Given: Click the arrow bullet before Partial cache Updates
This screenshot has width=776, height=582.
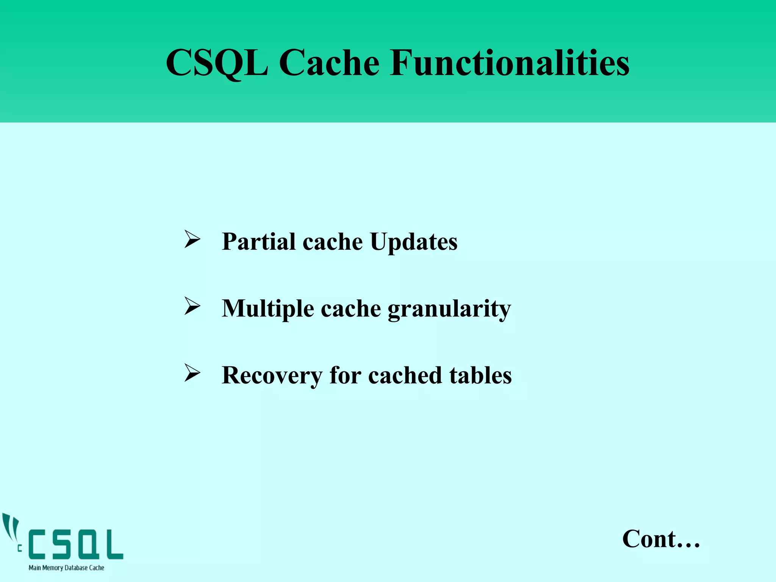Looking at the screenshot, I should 192,239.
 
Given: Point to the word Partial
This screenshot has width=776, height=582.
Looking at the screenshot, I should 258,241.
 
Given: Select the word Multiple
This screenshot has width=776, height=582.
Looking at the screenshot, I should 268,309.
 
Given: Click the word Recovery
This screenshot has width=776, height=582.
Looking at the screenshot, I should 272,375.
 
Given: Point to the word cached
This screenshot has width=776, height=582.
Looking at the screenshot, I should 405,375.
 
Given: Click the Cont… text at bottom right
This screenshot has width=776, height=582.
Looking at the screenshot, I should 661,538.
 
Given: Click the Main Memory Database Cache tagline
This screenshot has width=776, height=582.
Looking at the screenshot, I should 66,568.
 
